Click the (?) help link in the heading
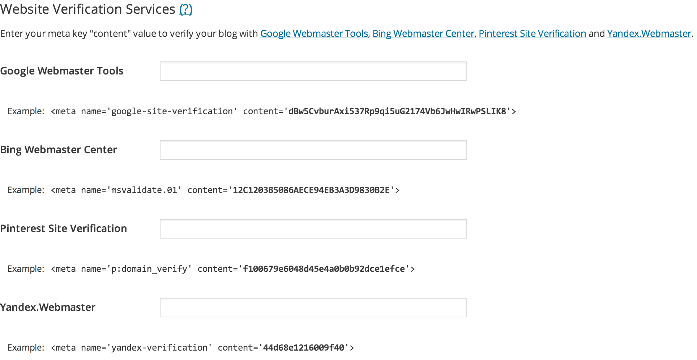[x=186, y=9]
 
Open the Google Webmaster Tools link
[x=314, y=34]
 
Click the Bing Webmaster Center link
[x=423, y=34]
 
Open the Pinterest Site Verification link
[x=532, y=34]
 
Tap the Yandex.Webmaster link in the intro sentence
[x=649, y=34]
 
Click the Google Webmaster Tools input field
[x=313, y=71]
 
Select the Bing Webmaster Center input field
[x=313, y=150]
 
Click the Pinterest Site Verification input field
[x=313, y=229]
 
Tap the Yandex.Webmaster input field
[x=313, y=308]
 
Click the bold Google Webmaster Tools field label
[x=62, y=71]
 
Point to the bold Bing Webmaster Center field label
[x=59, y=150]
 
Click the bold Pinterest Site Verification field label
[x=64, y=228]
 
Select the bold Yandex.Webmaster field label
[x=48, y=307]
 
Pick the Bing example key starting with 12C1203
[x=311, y=190]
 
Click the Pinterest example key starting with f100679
[x=324, y=269]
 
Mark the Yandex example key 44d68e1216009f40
[x=303, y=348]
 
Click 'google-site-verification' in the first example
[x=172, y=111]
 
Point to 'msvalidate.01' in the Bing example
[x=144, y=190]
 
